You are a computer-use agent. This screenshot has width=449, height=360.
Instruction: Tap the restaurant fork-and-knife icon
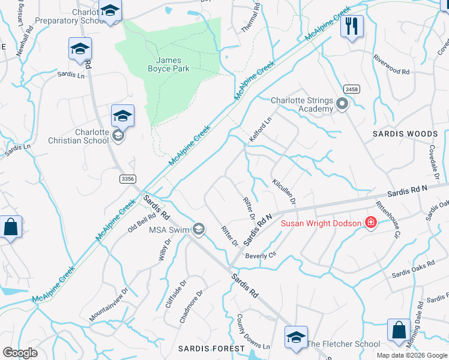coord(352,26)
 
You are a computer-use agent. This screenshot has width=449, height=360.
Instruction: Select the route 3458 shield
coord(352,89)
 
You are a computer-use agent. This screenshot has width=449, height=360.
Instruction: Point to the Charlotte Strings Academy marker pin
coord(342,104)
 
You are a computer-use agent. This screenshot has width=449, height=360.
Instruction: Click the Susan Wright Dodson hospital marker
coord(371,223)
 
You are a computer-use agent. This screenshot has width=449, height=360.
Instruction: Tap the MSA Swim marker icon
coord(198,229)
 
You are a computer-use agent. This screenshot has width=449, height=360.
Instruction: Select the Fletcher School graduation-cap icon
coord(295,338)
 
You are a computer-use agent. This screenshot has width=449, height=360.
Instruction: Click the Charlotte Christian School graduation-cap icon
coord(122,115)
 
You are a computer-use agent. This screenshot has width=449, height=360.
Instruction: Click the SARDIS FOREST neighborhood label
coord(212,349)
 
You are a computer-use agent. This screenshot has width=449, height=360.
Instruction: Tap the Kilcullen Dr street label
coord(284,191)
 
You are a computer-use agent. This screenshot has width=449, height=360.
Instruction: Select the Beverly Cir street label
coord(260,255)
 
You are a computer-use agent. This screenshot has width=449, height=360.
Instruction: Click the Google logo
coord(20,353)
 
